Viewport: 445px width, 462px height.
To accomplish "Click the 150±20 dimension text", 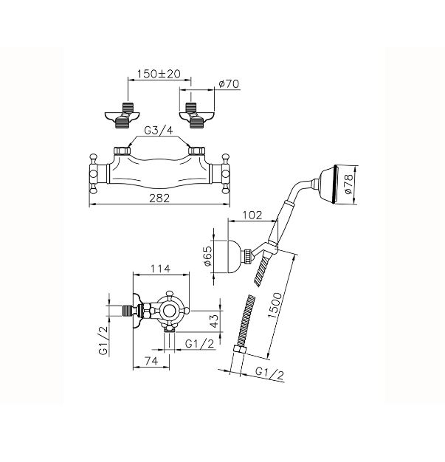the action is click(159, 74).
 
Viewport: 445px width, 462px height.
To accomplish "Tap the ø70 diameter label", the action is click(229, 84).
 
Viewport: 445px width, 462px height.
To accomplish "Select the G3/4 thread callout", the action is click(158, 131).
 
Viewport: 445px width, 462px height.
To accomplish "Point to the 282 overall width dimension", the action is click(159, 198).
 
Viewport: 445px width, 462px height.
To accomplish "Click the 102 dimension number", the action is click(252, 215).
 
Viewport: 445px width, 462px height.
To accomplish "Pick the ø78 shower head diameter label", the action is click(348, 185).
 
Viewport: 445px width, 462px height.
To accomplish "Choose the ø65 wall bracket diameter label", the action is click(208, 256).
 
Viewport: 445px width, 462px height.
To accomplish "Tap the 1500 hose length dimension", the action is click(275, 306).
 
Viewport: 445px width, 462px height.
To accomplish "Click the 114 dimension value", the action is click(161, 269).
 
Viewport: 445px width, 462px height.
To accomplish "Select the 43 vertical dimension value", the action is click(215, 320).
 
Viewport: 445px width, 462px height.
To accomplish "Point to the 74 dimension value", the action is click(151, 361).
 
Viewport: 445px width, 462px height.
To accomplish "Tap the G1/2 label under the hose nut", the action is click(269, 373).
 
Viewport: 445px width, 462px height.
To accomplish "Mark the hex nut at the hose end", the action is click(238, 349).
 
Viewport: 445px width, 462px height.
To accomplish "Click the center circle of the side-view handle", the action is click(170, 310).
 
